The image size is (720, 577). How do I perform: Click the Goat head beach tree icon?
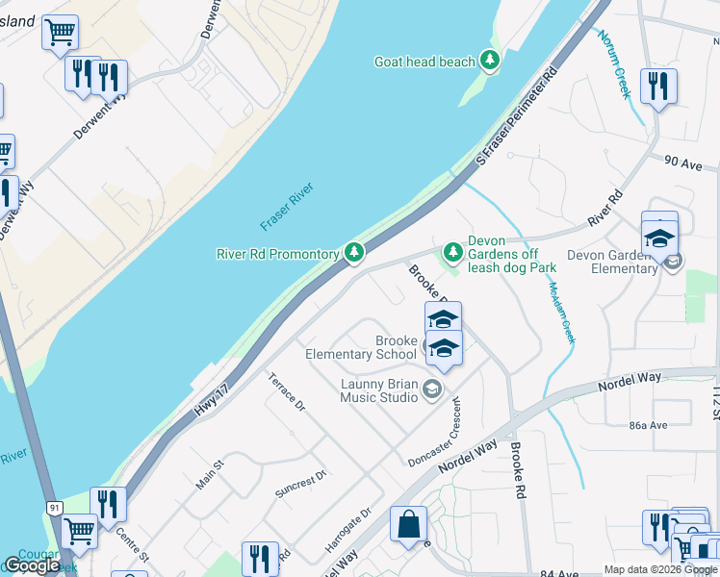click(490, 62)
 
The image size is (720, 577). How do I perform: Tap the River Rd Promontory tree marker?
click(355, 253)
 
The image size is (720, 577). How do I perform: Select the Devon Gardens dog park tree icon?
click(451, 252)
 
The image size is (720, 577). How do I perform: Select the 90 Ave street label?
click(685, 164)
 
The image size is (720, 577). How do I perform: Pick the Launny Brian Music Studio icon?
click(431, 389)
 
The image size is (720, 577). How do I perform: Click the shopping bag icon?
click(408, 525)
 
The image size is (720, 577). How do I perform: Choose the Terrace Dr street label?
click(286, 392)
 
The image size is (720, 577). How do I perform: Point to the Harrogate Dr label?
click(347, 529)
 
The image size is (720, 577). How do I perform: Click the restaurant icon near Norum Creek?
click(658, 87)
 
